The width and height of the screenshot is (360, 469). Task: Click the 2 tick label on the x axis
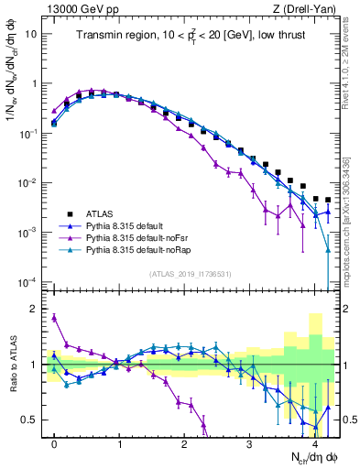[184, 443]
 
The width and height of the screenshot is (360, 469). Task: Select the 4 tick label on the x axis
[314, 443]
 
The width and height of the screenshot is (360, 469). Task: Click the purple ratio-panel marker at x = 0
[54, 318]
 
